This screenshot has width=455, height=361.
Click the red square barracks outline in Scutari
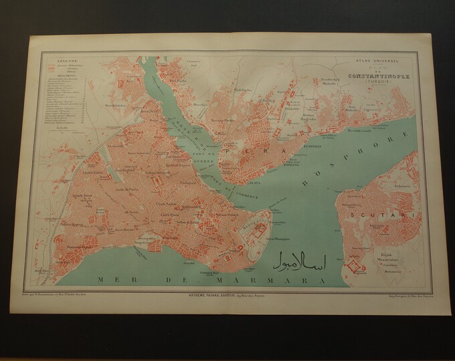point(353,269)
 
